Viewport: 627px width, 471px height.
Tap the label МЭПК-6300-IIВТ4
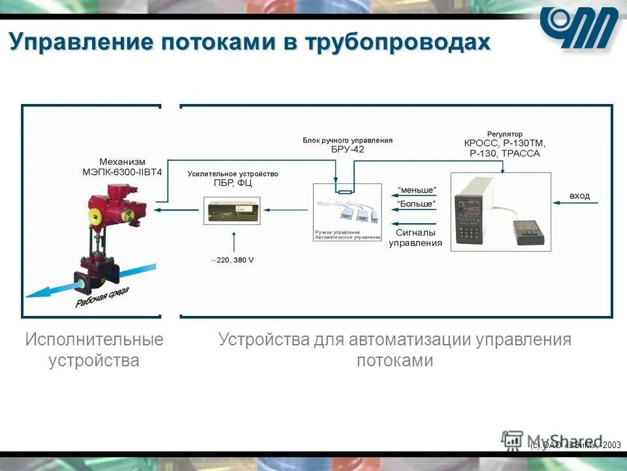click(x=122, y=172)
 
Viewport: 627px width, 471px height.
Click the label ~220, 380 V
click(x=232, y=260)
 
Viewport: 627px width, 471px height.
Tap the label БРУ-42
click(x=347, y=149)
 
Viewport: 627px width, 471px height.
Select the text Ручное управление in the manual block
click(x=337, y=232)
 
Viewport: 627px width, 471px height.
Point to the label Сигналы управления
click(x=415, y=237)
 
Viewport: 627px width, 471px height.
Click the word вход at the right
click(x=579, y=196)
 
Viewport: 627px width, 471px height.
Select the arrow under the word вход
click(x=577, y=204)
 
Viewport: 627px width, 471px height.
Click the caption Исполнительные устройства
click(x=94, y=350)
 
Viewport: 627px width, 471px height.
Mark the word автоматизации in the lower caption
click(x=410, y=340)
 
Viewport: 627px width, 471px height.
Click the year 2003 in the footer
click(x=612, y=445)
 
